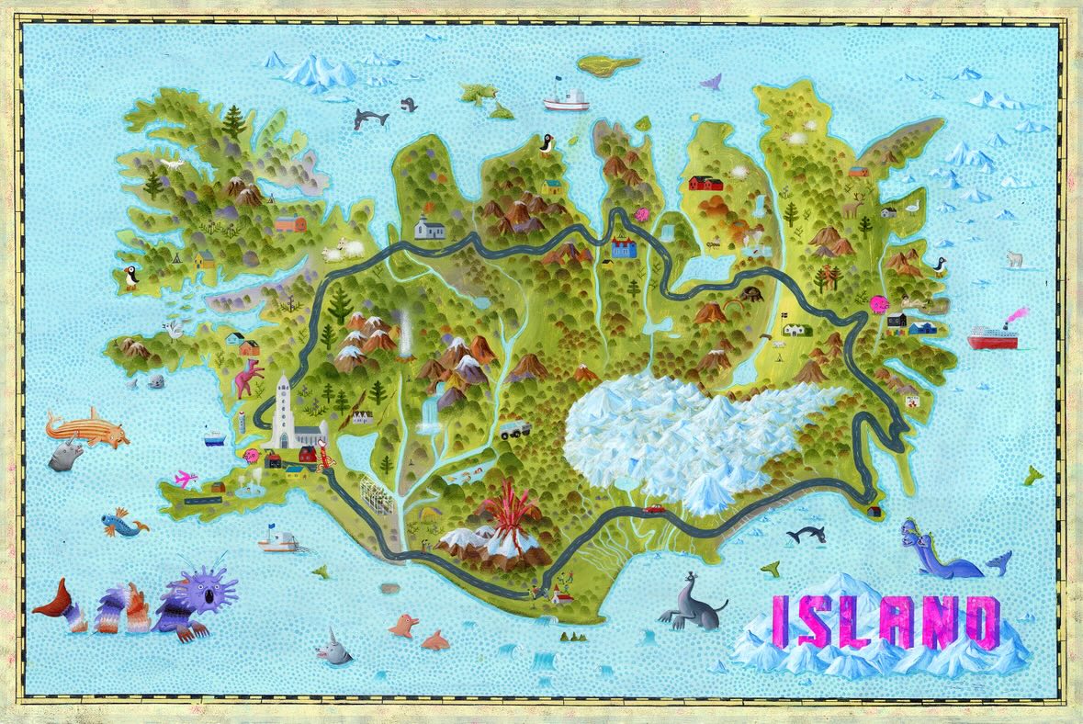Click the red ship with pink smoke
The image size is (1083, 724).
point(992,337)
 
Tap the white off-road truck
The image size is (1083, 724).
point(513,428)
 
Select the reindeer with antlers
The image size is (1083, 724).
point(853,208)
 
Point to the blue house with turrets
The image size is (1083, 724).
point(624,246)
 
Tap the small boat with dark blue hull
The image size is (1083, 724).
point(212,438)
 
